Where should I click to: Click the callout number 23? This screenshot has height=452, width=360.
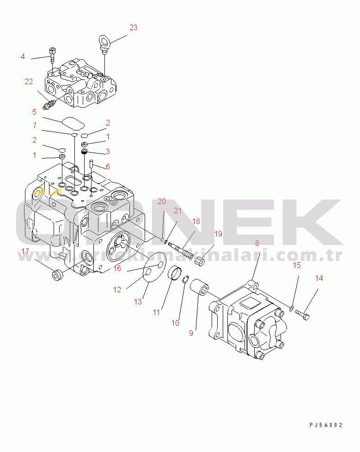pos(133,27)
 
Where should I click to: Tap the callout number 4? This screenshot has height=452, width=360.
pos(22,57)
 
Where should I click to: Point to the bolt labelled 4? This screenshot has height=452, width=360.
pos(52,54)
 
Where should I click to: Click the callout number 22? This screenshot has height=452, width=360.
pos(29,82)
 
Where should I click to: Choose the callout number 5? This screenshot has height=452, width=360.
pos(34,111)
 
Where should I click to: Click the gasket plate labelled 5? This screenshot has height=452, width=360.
pos(72,123)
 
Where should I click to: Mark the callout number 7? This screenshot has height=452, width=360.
pos(34,125)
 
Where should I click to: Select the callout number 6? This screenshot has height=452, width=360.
pos(108,167)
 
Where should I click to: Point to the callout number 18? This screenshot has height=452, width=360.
pos(196,221)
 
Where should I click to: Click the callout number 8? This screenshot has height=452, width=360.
pos(257,242)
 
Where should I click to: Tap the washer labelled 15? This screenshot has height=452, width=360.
pos(292,308)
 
